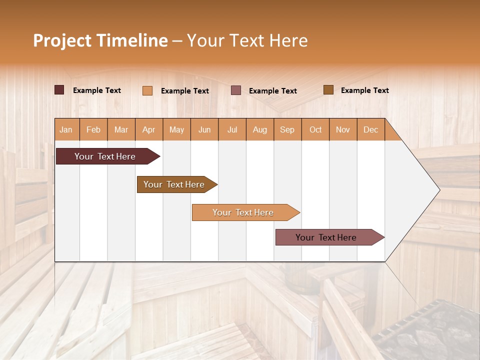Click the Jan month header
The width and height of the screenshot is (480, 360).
(66, 129)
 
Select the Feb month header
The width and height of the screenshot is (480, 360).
(93, 129)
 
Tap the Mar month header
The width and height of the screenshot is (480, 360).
(121, 129)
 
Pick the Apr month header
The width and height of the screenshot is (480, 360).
(149, 129)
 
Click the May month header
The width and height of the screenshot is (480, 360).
(176, 129)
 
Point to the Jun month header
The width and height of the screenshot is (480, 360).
(204, 129)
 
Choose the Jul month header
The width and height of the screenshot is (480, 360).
(232, 129)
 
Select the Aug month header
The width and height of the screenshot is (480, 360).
(260, 129)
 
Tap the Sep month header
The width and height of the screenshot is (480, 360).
(287, 129)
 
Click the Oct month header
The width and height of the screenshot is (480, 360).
(315, 129)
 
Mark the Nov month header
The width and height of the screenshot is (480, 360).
(343, 129)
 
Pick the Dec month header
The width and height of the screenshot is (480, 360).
(371, 129)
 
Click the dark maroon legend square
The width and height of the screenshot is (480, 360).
(59, 90)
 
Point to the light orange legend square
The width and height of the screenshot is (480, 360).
(147, 90)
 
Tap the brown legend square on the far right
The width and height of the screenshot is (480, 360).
(328, 90)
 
